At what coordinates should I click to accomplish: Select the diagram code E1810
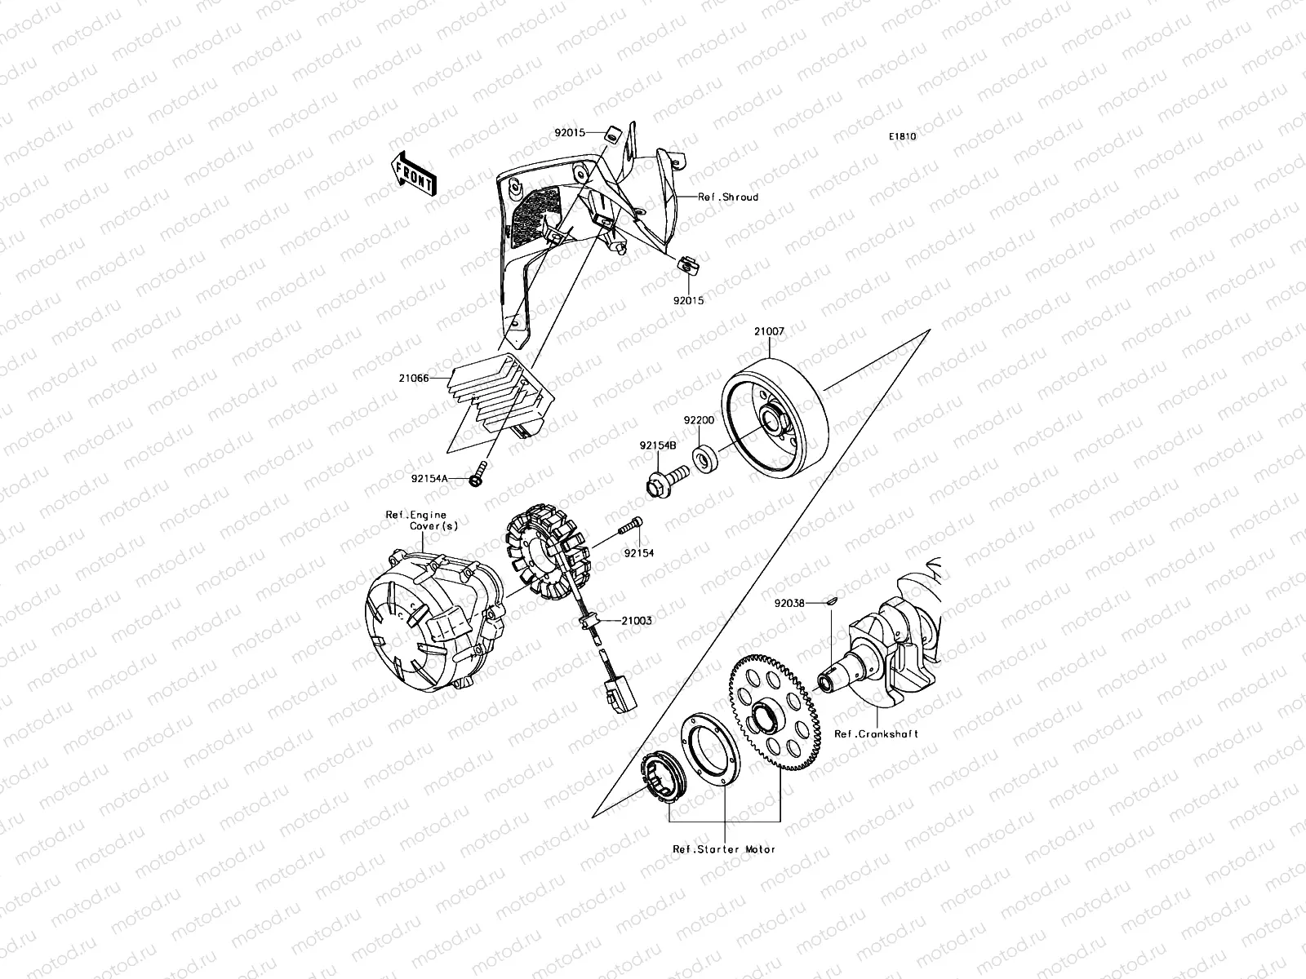tap(903, 137)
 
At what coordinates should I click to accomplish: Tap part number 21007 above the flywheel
tap(769, 332)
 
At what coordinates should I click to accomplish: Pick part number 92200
tap(699, 420)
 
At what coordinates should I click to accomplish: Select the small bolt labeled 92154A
tap(477, 472)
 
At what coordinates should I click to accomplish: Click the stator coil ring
tap(547, 555)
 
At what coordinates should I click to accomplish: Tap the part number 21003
tap(637, 621)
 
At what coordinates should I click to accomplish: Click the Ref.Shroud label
tap(727, 197)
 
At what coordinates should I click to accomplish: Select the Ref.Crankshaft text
tap(876, 733)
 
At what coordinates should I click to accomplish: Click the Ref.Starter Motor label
tap(724, 849)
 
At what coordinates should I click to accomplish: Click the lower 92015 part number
tap(688, 299)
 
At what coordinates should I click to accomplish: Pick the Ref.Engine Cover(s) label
tap(421, 521)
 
